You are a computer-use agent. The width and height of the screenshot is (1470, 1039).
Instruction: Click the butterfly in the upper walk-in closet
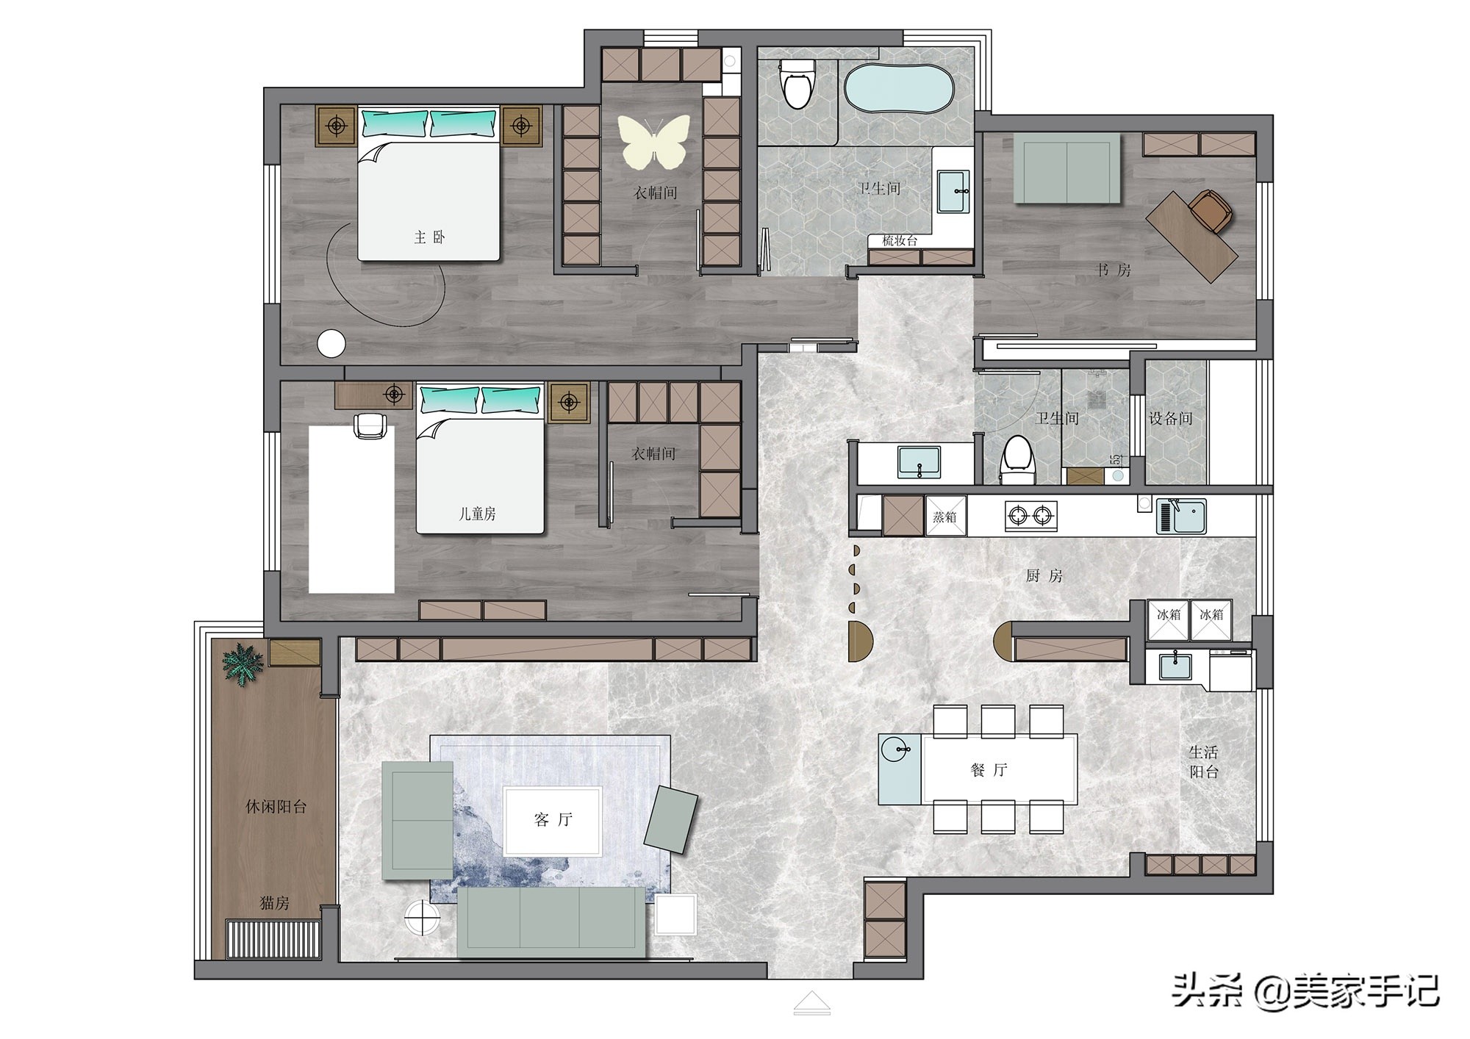tap(654, 140)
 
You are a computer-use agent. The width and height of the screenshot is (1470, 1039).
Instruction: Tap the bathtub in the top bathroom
tap(898, 89)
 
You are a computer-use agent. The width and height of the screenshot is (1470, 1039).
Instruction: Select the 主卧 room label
tap(429, 237)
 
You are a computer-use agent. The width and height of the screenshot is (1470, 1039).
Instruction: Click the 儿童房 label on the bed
tap(478, 514)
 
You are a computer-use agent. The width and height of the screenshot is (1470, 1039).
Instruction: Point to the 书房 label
tap(1114, 270)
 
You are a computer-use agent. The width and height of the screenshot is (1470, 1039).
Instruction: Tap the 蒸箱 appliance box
tap(945, 516)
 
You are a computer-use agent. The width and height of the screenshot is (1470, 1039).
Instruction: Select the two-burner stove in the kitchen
tap(1031, 516)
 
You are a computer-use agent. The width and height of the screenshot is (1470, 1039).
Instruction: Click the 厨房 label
tap(1044, 576)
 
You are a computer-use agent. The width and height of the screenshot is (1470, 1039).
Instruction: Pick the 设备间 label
tap(1170, 419)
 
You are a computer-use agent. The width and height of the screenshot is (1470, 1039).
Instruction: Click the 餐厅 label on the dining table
tap(989, 770)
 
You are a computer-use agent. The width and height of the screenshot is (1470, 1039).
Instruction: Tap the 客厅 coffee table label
tap(553, 819)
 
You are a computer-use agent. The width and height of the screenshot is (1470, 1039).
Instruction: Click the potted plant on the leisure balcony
tap(243, 664)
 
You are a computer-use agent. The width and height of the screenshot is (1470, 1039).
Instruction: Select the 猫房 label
tap(274, 903)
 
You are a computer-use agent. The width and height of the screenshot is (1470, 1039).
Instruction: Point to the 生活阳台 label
tap(1203, 762)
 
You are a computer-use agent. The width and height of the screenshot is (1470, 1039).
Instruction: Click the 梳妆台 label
tap(900, 240)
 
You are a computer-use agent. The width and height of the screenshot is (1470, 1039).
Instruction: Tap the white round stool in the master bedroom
tap(331, 344)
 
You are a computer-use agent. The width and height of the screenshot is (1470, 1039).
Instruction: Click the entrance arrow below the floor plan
tap(811, 1003)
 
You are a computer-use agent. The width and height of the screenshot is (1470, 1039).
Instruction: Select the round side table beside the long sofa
tap(422, 918)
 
